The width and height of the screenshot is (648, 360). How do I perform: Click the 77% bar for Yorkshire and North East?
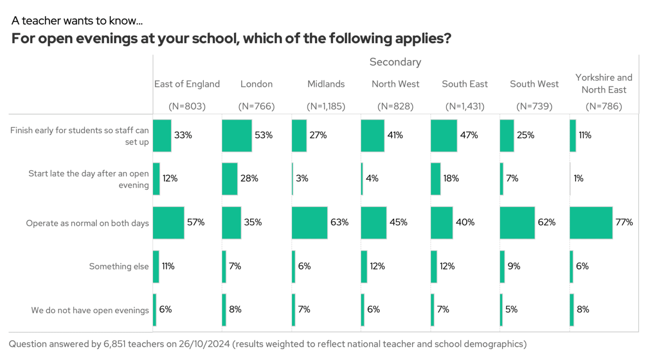click(x=591, y=222)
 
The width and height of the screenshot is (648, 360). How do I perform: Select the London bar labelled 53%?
click(x=237, y=135)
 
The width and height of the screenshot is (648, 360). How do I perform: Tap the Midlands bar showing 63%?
click(x=310, y=222)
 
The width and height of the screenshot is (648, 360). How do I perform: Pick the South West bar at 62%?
click(x=517, y=222)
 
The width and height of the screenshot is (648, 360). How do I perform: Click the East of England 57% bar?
click(x=168, y=222)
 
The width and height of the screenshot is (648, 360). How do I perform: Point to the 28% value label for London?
click(x=249, y=179)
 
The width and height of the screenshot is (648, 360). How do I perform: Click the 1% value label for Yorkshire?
click(x=578, y=179)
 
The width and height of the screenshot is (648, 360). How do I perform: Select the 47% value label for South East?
click(x=469, y=135)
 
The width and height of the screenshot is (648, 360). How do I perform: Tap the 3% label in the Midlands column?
click(x=302, y=179)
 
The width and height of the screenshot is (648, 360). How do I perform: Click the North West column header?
click(x=395, y=84)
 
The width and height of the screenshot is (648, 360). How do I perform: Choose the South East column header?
click(x=465, y=84)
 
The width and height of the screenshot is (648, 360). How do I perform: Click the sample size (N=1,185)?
click(x=326, y=107)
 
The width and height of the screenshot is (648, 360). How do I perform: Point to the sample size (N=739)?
click(x=534, y=107)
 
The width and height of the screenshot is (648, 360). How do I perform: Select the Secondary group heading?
click(x=395, y=62)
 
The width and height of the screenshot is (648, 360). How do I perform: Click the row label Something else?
click(x=119, y=266)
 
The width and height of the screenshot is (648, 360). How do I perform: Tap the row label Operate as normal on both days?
click(x=87, y=223)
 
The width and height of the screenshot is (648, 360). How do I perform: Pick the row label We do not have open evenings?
click(x=90, y=310)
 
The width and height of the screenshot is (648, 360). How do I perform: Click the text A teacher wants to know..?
click(x=77, y=21)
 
